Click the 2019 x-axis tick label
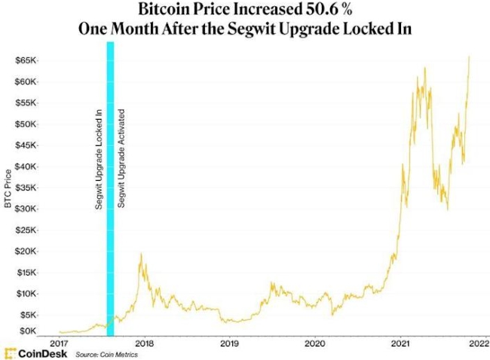[x=229, y=343]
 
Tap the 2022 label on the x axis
[x=475, y=343]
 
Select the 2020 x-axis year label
[x=314, y=343]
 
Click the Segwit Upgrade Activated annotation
[x=121, y=158]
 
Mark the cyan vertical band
[x=110, y=188]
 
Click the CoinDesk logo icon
[x=10, y=352]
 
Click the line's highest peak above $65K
[x=470, y=56]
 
